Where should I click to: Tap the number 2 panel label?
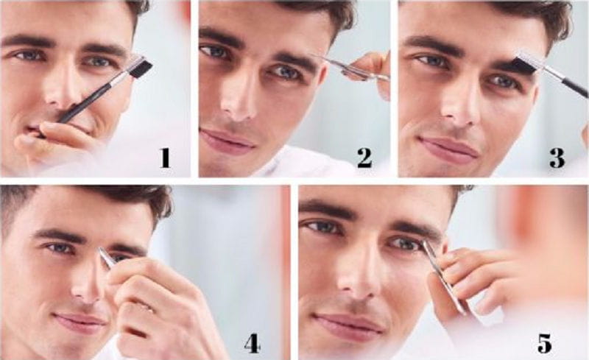tap(364, 157)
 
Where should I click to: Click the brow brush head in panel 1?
tap(140, 69)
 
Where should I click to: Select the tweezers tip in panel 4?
tap(104, 253)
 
